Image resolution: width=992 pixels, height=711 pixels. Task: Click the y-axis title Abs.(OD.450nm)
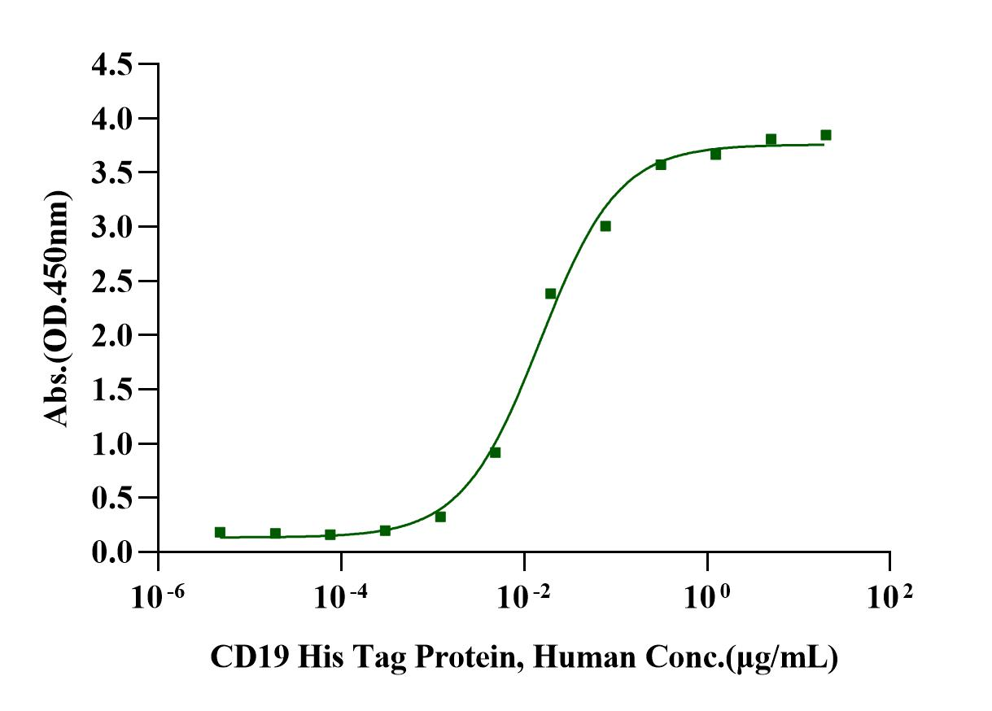pos(57,309)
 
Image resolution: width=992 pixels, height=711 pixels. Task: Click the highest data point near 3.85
pos(826,135)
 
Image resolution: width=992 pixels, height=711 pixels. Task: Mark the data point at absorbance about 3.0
pos(605,226)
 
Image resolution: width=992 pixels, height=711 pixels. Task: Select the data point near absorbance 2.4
pos(550,294)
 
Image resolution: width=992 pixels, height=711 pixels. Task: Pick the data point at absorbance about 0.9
pos(495,452)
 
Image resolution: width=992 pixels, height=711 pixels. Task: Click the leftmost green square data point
pos(220,532)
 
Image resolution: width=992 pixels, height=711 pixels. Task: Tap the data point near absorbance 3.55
pos(661,164)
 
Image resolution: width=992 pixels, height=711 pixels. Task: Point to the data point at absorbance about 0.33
pos(440,517)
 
